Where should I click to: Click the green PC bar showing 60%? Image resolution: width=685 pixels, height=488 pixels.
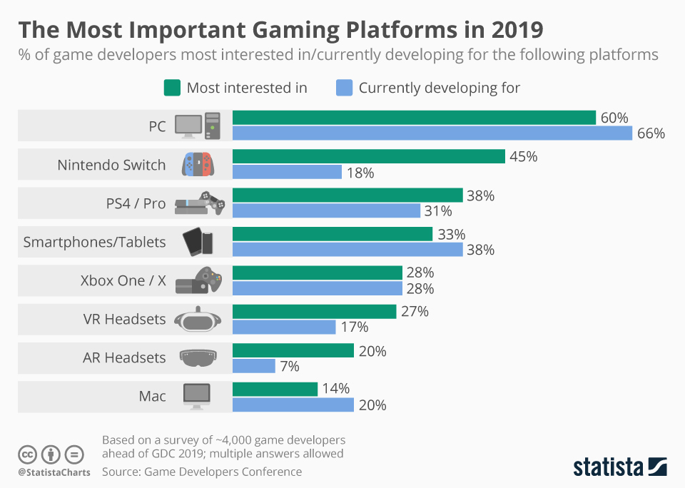tap(414, 118)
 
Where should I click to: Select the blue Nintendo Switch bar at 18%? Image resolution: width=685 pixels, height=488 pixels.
tap(287, 172)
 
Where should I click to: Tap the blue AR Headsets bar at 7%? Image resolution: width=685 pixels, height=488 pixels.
tap(254, 366)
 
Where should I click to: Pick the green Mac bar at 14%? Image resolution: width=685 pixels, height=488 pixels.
tap(275, 389)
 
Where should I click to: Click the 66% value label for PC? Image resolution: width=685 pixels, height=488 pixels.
tap(651, 133)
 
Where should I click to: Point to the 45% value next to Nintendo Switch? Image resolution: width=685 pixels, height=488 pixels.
tap(523, 156)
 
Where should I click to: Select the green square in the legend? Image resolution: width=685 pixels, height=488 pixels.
tap(171, 88)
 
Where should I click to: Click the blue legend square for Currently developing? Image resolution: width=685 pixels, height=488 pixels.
tap(343, 88)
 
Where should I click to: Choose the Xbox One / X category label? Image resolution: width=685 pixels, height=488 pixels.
tap(123, 280)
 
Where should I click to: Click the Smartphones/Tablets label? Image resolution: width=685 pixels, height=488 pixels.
tap(94, 242)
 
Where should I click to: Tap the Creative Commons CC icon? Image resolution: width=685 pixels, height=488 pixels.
tap(28, 454)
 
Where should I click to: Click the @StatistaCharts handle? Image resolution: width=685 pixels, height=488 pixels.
tap(54, 472)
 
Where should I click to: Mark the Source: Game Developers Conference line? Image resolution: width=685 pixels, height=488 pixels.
tap(202, 472)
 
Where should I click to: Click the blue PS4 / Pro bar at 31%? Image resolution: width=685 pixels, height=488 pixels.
tap(326, 210)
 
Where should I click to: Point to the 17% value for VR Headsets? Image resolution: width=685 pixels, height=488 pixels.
tap(354, 327)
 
